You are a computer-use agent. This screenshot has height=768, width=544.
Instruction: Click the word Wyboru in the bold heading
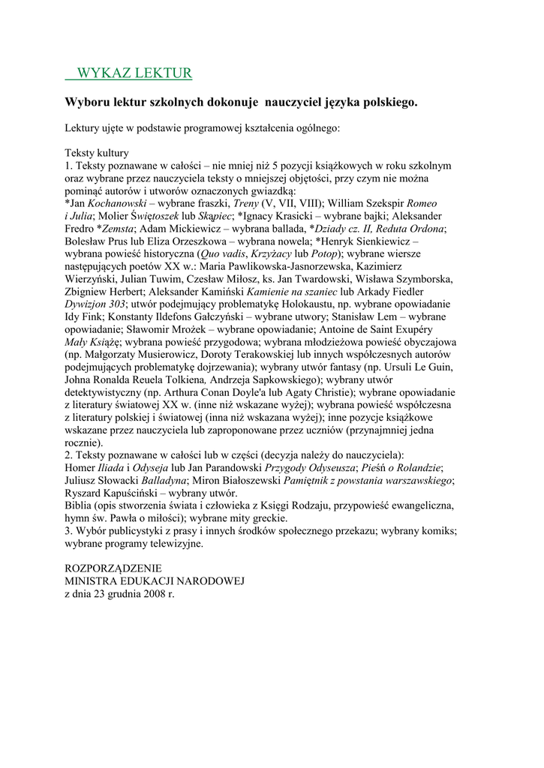click(x=87, y=100)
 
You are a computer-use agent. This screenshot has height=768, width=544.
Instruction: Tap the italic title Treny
click(x=246, y=202)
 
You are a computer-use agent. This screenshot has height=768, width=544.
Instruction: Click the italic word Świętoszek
click(x=159, y=215)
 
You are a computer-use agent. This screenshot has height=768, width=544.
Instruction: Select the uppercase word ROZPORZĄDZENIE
click(x=113, y=568)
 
